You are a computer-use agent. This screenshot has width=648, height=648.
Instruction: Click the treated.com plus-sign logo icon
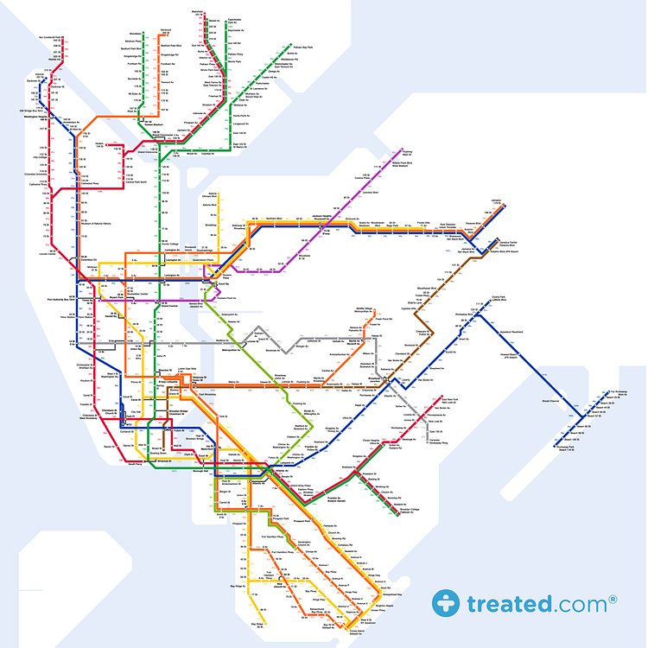click(448, 603)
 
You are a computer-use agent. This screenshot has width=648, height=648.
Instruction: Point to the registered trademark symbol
click(613, 597)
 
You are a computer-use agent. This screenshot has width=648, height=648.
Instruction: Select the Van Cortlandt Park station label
click(53, 37)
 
